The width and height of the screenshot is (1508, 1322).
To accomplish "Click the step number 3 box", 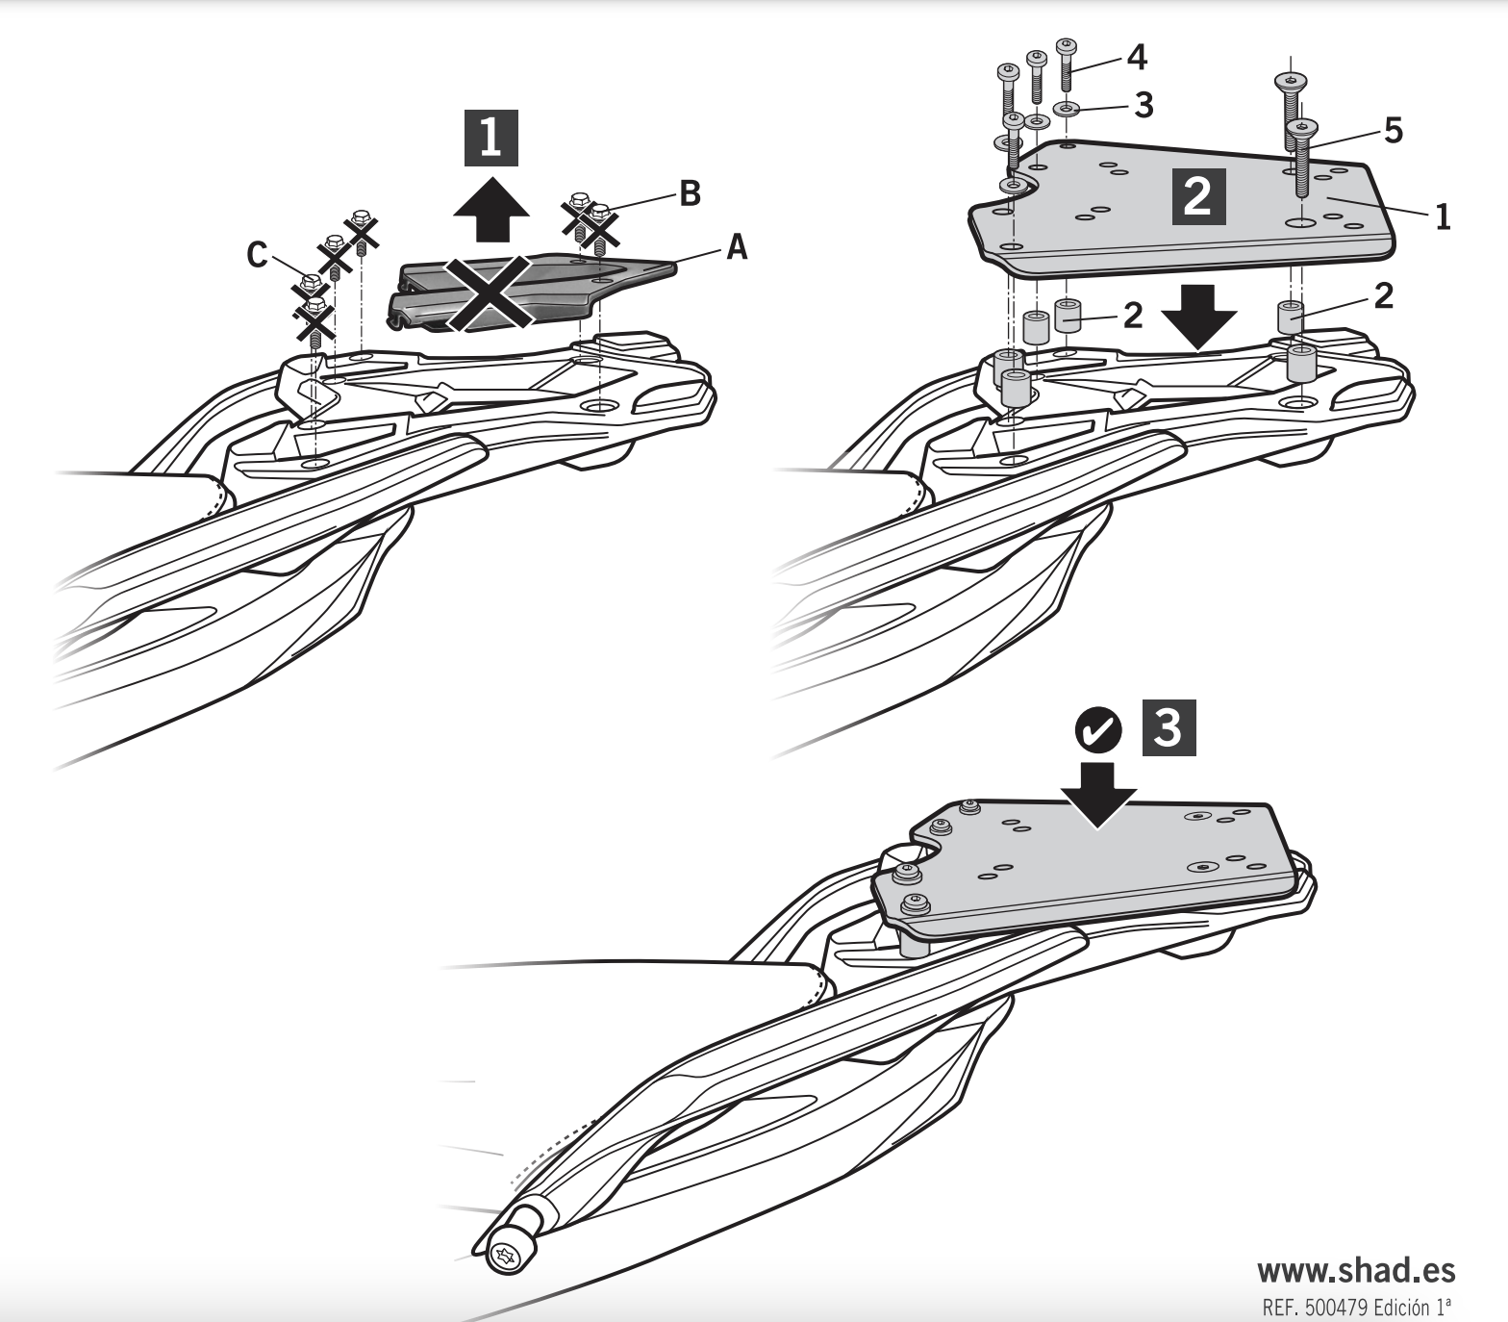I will [1169, 729].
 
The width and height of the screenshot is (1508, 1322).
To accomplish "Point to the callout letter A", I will [736, 248].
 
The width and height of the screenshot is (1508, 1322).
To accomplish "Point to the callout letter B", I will [690, 193].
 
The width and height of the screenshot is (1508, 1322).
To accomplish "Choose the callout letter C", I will [257, 255].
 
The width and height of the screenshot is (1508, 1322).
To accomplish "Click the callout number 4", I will [1136, 58].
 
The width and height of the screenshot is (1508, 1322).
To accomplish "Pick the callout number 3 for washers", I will [1144, 105].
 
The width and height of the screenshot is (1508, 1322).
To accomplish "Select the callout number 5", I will [1394, 130].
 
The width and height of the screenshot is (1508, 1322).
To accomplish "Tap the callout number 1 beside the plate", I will [1442, 217].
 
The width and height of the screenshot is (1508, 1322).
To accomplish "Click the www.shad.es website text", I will [1356, 1271].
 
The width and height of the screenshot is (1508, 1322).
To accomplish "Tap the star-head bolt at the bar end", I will [507, 1253].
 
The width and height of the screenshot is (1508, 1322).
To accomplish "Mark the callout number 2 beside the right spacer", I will [1383, 296].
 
